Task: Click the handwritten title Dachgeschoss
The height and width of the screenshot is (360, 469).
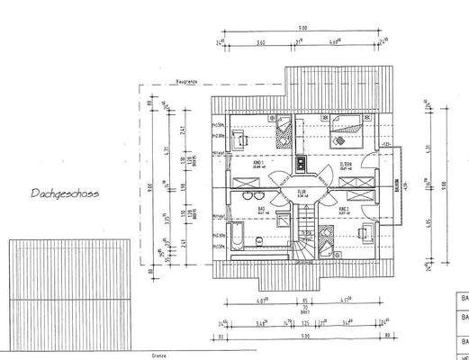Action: point(65,193)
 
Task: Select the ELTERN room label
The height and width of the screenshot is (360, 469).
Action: point(346,165)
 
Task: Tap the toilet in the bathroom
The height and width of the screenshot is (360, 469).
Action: point(258,239)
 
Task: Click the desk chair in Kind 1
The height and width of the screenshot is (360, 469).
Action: point(243,139)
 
